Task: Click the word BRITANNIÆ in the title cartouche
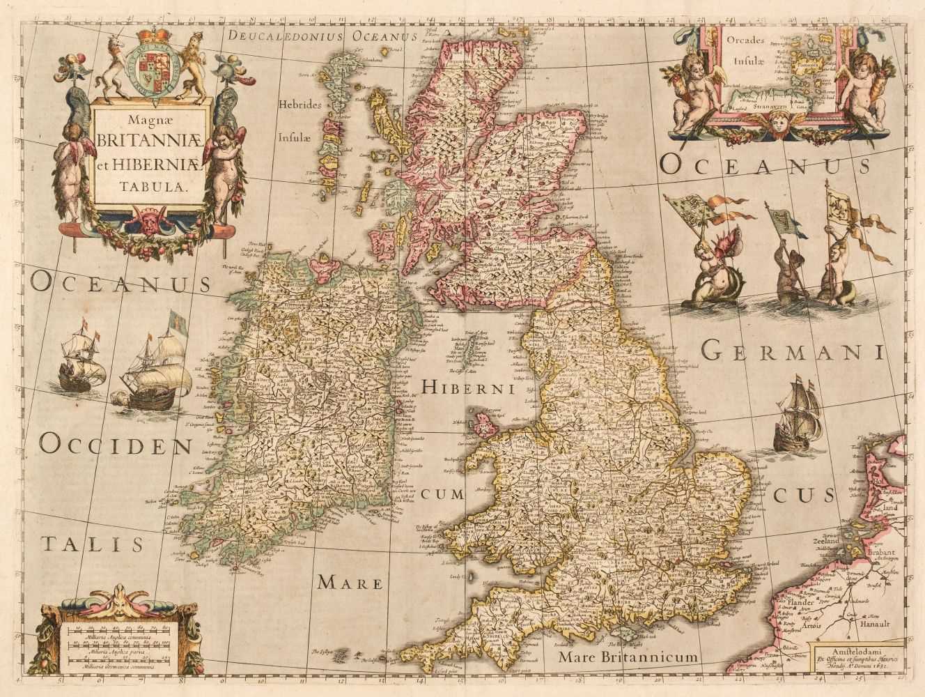[x=139, y=139]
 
